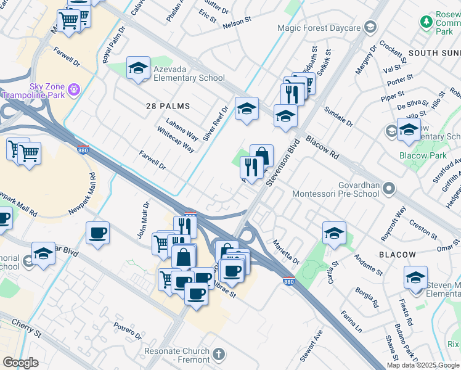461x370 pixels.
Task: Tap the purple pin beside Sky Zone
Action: click(74, 90)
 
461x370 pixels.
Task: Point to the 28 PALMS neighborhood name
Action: click(167, 106)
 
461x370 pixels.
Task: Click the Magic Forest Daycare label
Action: click(318, 28)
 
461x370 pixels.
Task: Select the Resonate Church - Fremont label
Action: click(177, 355)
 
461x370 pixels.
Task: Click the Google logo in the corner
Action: click(20, 362)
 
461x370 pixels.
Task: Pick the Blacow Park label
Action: click(423, 155)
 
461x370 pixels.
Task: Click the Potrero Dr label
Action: click(128, 329)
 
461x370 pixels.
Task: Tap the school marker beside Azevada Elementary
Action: click(139, 68)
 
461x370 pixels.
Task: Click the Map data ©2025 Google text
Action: click(423, 365)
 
